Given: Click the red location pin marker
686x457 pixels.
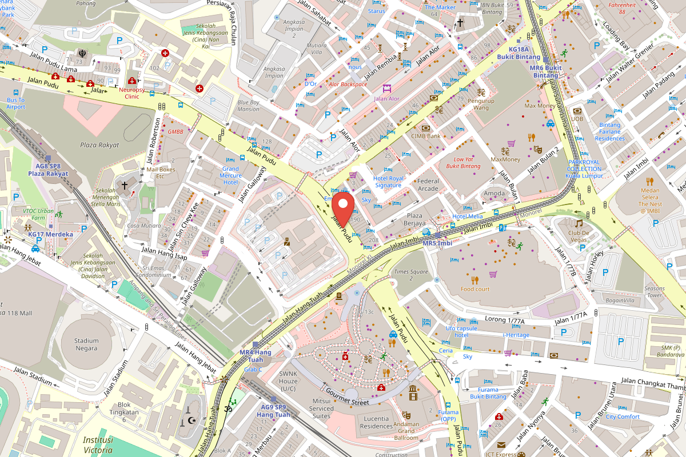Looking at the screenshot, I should point(344,205).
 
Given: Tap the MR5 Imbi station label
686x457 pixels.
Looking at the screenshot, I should point(437,243).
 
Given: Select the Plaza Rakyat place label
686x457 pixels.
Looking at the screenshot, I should point(99,145).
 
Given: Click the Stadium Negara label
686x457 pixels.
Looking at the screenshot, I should point(86,344).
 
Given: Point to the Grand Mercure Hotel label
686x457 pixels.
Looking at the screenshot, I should point(230,175).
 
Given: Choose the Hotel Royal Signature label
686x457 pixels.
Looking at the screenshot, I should point(388,182).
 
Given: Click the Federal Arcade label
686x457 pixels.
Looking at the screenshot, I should point(428,185).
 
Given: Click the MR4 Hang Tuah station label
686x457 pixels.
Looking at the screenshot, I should point(251,355).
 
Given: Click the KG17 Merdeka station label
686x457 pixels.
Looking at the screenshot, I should point(50,234).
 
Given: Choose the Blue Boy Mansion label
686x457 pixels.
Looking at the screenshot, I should point(248,106).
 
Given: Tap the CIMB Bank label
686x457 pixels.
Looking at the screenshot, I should point(426,136).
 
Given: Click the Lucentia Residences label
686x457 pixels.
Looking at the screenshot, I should point(376,422).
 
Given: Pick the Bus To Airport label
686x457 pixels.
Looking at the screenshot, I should point(15,103).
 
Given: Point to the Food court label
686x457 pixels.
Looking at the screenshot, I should point(475,288).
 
